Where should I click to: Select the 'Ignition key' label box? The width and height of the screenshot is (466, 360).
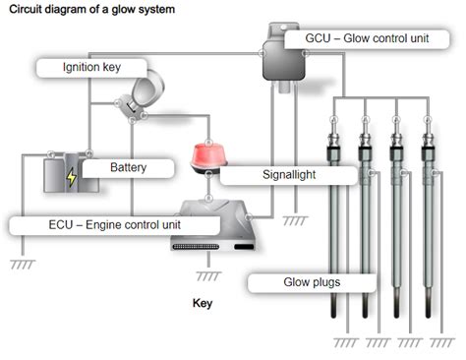pos(91,69)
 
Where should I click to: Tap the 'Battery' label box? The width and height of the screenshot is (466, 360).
pos(127,168)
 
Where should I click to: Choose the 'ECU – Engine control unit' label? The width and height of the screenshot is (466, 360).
pos(113,224)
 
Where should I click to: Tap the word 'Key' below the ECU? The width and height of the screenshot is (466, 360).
pos(202,304)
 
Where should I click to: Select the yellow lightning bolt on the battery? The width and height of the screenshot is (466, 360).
pos(71,178)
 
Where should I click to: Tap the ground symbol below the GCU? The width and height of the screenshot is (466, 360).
pos(292,222)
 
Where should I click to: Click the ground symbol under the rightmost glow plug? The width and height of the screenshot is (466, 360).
pos(433,344)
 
